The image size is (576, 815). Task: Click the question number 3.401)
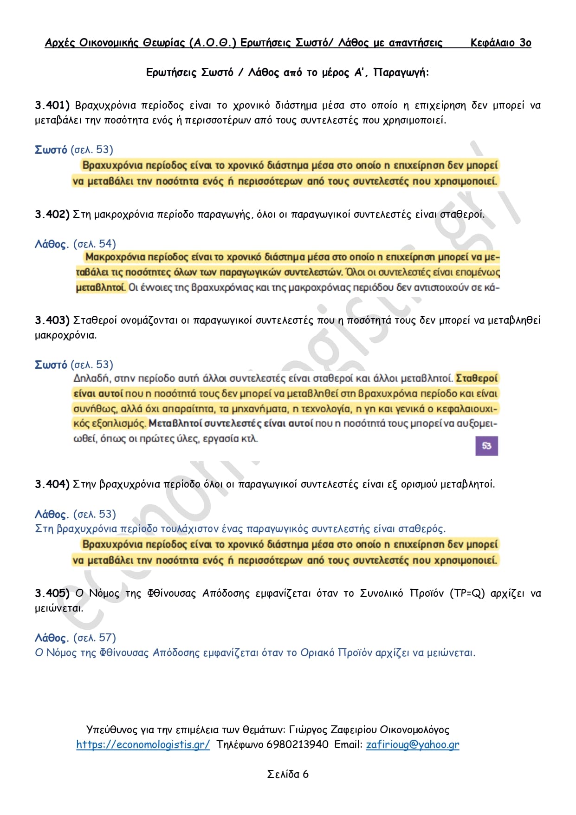coord(52,105)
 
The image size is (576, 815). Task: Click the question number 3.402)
coord(52,215)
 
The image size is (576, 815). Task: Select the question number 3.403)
coord(52,320)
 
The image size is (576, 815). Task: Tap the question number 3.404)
coord(52,484)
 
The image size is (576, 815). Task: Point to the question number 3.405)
coord(52,593)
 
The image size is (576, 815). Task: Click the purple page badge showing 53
coord(486,446)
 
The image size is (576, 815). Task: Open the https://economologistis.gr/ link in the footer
coord(143,744)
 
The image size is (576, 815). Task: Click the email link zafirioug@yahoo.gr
coord(413,744)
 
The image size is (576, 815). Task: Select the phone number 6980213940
coord(298,744)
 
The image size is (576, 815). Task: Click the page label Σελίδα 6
coord(288,774)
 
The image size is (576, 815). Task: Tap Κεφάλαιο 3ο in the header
coord(501,43)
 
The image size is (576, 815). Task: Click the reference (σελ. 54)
coord(95,244)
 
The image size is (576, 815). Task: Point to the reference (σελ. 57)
coord(95,638)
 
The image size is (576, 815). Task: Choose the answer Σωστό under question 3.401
coord(51,150)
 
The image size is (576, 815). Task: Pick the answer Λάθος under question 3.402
coord(52,244)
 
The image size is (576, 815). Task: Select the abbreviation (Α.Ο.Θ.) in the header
coord(213,43)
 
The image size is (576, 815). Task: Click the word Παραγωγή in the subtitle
coord(401,73)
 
